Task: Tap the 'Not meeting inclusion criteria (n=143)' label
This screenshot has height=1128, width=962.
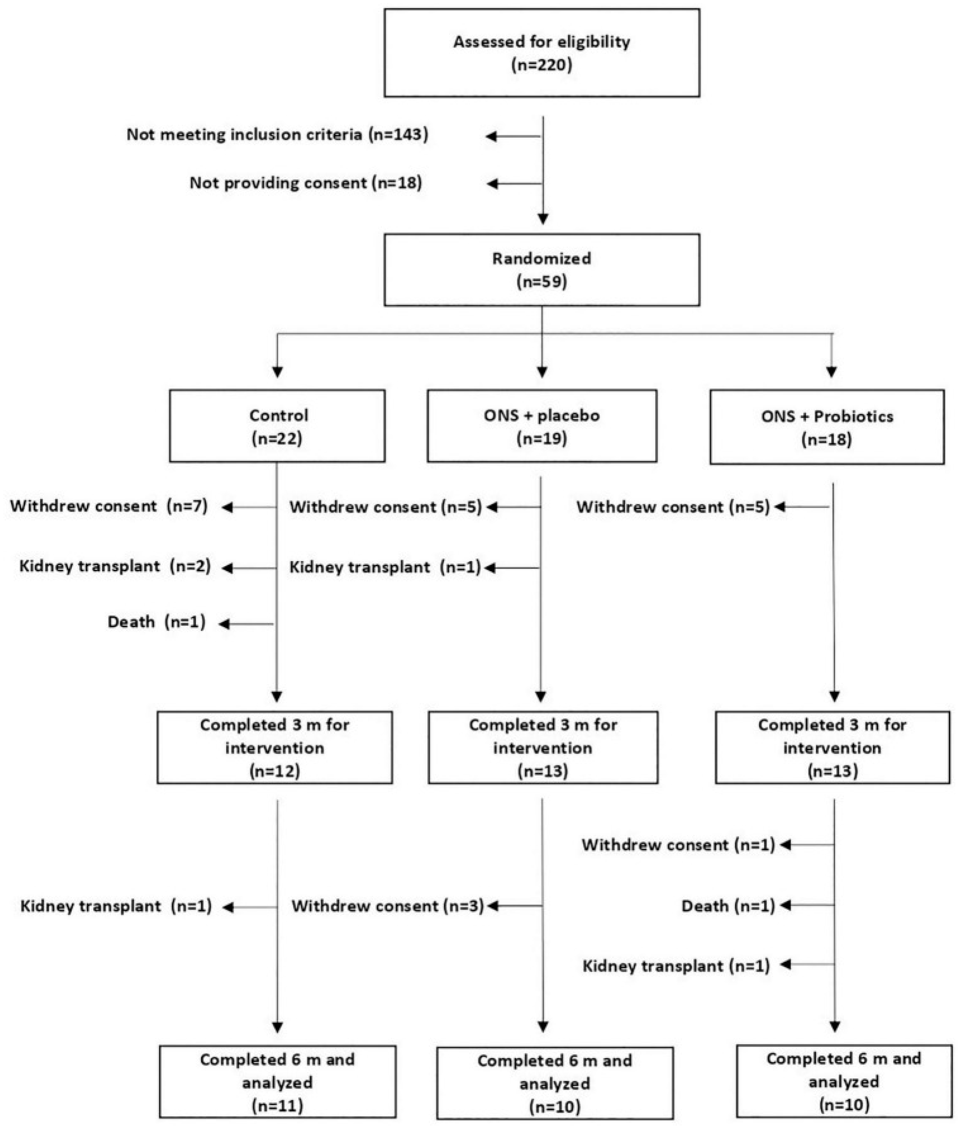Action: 277,135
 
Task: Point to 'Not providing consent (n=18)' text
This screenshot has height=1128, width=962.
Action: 305,183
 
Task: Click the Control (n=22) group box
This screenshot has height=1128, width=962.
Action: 277,426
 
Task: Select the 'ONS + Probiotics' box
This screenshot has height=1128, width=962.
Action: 826,427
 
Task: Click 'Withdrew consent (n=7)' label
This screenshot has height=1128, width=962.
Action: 108,506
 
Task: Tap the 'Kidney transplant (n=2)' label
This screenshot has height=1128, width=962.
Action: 114,566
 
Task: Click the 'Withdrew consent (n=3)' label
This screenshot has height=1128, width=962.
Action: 387,906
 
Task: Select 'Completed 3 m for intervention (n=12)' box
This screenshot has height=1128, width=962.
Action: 274,748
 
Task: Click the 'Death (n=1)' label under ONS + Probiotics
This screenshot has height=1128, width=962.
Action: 728,906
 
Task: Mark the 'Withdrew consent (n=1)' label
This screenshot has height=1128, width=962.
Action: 678,845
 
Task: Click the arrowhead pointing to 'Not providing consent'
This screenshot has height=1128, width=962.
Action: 492,184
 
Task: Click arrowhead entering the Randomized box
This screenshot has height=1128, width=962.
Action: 542,219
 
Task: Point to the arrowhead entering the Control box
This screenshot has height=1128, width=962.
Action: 277,372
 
